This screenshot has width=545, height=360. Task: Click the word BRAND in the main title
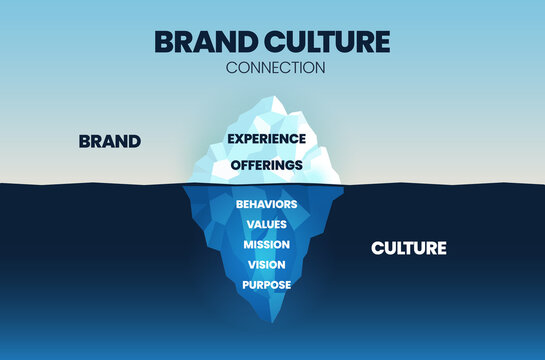[201, 43]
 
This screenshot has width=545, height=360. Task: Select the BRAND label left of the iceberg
[109, 142]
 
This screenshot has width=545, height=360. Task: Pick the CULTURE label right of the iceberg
[408, 247]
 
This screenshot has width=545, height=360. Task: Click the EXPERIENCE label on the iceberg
[266, 138]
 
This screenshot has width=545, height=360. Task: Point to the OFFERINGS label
[266, 164]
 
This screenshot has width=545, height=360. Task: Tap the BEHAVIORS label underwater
[266, 204]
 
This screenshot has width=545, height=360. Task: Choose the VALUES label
[266, 224]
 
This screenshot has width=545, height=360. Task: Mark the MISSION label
[266, 244]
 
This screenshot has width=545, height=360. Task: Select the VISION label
[266, 264]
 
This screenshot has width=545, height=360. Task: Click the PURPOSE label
[266, 284]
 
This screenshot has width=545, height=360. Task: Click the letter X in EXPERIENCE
[240, 138]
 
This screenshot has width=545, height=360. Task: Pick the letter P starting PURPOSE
[244, 284]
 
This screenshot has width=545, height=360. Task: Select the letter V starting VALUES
[249, 224]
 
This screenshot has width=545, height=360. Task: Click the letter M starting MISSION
[248, 244]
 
